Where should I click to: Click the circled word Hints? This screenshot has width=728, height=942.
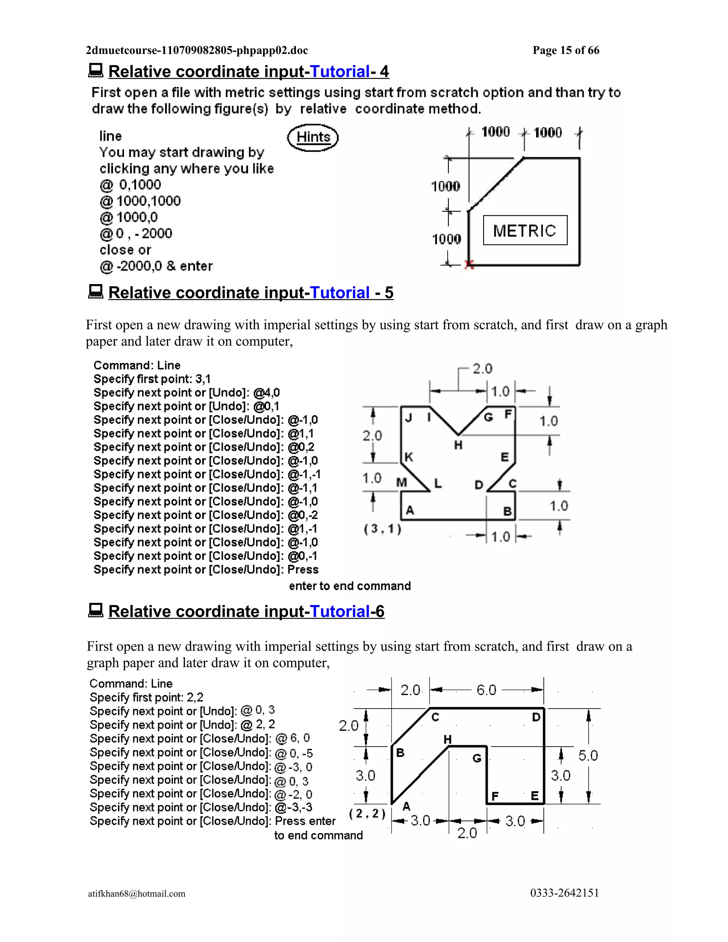313,137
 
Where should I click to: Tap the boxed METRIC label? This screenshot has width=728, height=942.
525,230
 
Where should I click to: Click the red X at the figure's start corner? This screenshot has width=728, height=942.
469,265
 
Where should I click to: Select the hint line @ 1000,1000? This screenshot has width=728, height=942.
140,201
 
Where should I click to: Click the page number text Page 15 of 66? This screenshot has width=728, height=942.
566,50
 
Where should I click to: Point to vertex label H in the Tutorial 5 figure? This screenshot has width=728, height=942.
458,445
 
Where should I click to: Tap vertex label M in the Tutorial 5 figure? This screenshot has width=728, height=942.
402,483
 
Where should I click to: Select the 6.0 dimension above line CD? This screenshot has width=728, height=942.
486,690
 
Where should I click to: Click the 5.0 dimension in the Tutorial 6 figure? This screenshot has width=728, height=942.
588,756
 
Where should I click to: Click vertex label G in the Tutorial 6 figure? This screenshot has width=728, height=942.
477,758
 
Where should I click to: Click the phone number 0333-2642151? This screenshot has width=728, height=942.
564,893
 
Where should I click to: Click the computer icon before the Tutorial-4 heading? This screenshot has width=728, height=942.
96,71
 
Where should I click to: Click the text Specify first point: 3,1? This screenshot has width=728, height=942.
152,379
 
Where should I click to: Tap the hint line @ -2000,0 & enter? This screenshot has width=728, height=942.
156,266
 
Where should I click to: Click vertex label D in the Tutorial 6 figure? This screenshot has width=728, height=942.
536,717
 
